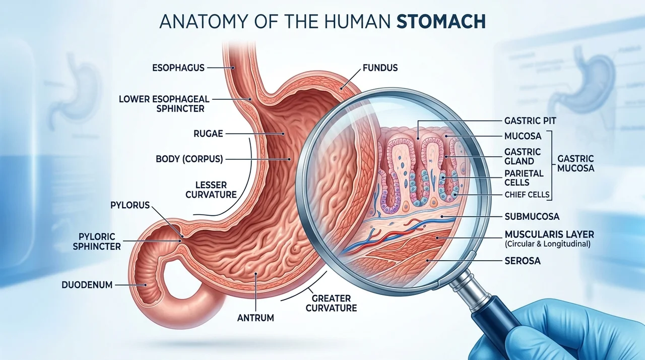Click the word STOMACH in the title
pyautogui.click(x=441, y=21)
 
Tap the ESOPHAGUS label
pyautogui.click(x=178, y=68)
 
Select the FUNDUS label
pyautogui.click(x=380, y=68)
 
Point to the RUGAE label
pyautogui.click(x=208, y=134)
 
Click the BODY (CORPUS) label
pyautogui.click(x=189, y=159)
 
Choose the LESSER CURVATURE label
pyautogui.click(x=211, y=190)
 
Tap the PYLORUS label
pyautogui.click(x=130, y=205)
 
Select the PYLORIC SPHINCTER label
pyautogui.click(x=97, y=242)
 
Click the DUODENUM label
pyautogui.click(x=87, y=285)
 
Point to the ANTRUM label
pyautogui.click(x=255, y=318)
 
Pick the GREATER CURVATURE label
pyautogui.click(x=331, y=303)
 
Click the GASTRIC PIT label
pyautogui.click(x=530, y=121)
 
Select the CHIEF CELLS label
pyautogui.click(x=527, y=195)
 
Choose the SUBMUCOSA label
pyautogui.click(x=532, y=217)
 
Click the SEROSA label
pyautogui.click(x=523, y=261)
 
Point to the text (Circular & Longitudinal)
pyautogui.click(x=548, y=244)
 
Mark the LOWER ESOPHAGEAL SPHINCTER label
pyautogui.click(x=164, y=104)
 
